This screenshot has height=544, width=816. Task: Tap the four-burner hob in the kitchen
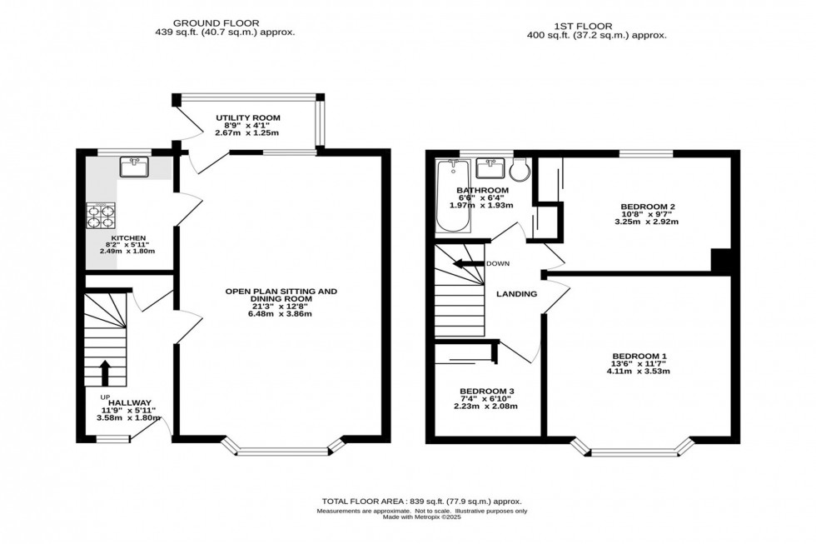point(101,217)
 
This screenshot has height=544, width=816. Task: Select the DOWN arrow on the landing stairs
point(468,264)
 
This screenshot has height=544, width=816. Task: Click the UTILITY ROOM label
point(247,117)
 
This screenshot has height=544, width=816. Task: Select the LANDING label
point(516,293)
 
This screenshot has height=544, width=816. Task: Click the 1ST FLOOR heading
point(596,25)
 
